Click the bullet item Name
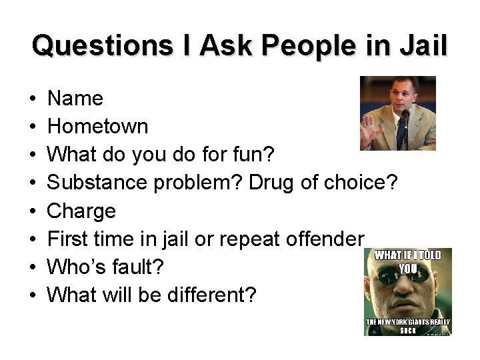[x=76, y=99]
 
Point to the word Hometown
[x=99, y=127]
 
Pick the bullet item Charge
[x=83, y=211]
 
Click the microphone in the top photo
[x=404, y=117]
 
